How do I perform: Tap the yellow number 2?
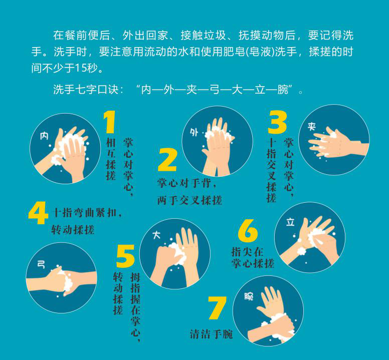point(167,160)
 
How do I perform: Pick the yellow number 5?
point(125,256)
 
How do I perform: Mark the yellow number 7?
point(217,308)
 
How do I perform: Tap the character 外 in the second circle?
point(194,132)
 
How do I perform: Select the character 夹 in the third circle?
point(312,126)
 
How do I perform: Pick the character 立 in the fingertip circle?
point(290,221)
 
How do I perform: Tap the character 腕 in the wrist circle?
point(249,296)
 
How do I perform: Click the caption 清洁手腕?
point(211,334)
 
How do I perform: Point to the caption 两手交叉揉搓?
point(189,200)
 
